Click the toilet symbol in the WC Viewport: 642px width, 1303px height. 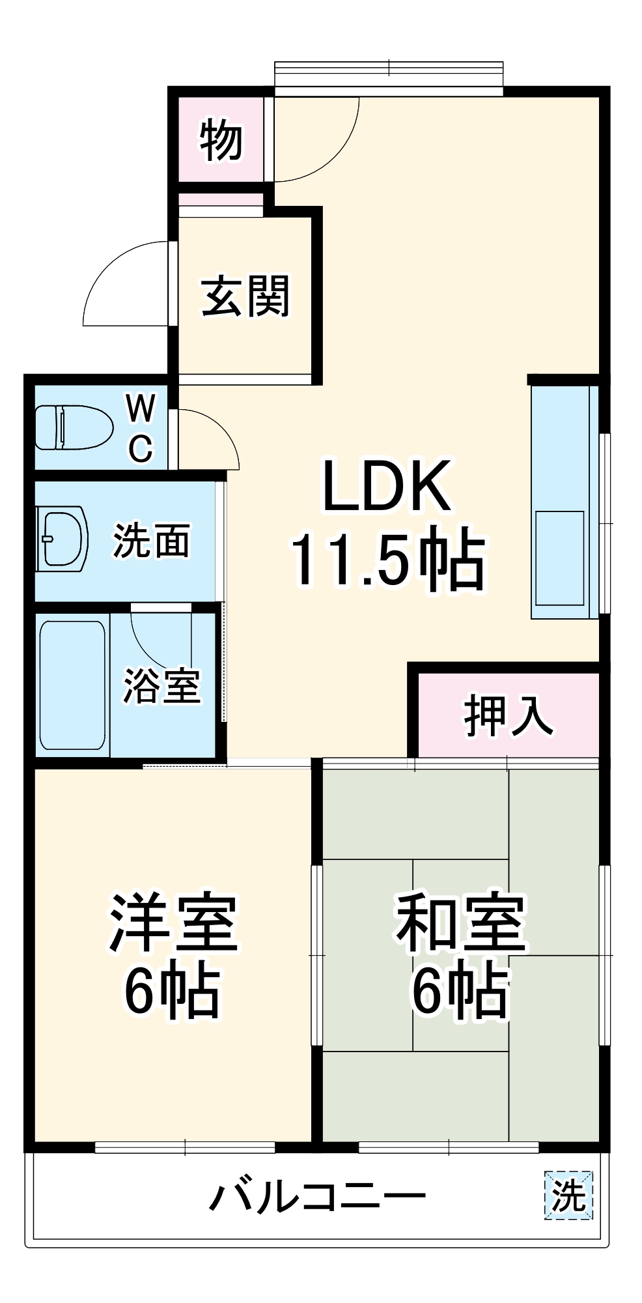coord(73,427)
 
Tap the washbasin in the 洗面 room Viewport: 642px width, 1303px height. coord(63,538)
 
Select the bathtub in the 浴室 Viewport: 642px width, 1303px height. coord(72,685)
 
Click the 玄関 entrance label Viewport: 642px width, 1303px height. coord(245,297)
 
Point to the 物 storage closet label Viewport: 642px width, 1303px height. coord(221,139)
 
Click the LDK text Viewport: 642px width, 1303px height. coord(387,486)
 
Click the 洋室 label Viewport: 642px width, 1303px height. coord(173,923)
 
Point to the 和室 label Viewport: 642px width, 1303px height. coord(460,923)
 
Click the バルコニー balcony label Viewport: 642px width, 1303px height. coord(317,1196)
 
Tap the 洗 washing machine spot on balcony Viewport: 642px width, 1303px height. coord(568,1195)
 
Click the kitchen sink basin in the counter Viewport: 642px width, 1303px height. coord(559,558)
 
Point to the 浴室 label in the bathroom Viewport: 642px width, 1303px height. coord(161,685)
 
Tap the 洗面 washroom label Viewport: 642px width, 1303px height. coord(151,540)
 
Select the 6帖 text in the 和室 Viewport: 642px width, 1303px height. coord(459,990)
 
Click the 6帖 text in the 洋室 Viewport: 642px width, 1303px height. coord(172,990)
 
